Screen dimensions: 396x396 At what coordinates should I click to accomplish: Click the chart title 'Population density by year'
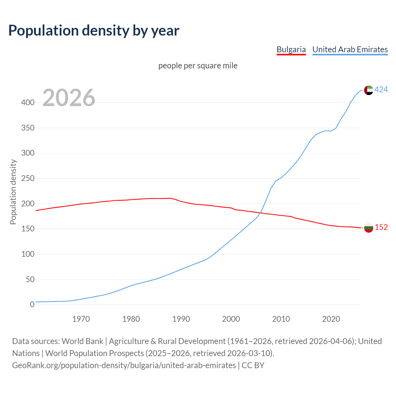94,30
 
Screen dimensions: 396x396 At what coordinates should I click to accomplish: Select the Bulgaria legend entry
291,49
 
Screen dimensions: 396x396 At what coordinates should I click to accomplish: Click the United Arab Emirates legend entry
350,49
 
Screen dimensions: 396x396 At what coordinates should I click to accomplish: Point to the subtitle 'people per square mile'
198,66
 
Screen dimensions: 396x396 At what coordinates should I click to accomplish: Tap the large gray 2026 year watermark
69,98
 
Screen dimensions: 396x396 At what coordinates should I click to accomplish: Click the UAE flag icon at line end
368,90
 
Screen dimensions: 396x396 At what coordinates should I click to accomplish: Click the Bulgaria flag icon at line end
368,228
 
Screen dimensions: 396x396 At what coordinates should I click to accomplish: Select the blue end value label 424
381,90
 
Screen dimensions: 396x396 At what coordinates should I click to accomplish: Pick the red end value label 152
381,227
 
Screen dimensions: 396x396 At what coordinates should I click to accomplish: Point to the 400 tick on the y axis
28,103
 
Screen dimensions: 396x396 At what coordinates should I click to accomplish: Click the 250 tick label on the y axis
28,179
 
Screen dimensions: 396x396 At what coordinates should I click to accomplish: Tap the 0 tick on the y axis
32,305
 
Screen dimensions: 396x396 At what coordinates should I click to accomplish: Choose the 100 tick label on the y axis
28,254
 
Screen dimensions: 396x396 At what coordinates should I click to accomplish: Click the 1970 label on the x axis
81,319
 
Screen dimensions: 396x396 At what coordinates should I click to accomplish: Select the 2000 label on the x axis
231,319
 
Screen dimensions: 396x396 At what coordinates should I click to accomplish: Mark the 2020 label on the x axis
331,319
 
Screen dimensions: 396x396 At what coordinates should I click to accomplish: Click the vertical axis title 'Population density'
13,192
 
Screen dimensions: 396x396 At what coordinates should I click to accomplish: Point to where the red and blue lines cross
259,213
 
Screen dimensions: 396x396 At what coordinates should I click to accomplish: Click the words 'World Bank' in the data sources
82,341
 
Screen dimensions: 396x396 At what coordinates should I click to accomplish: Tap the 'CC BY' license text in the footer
253,365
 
